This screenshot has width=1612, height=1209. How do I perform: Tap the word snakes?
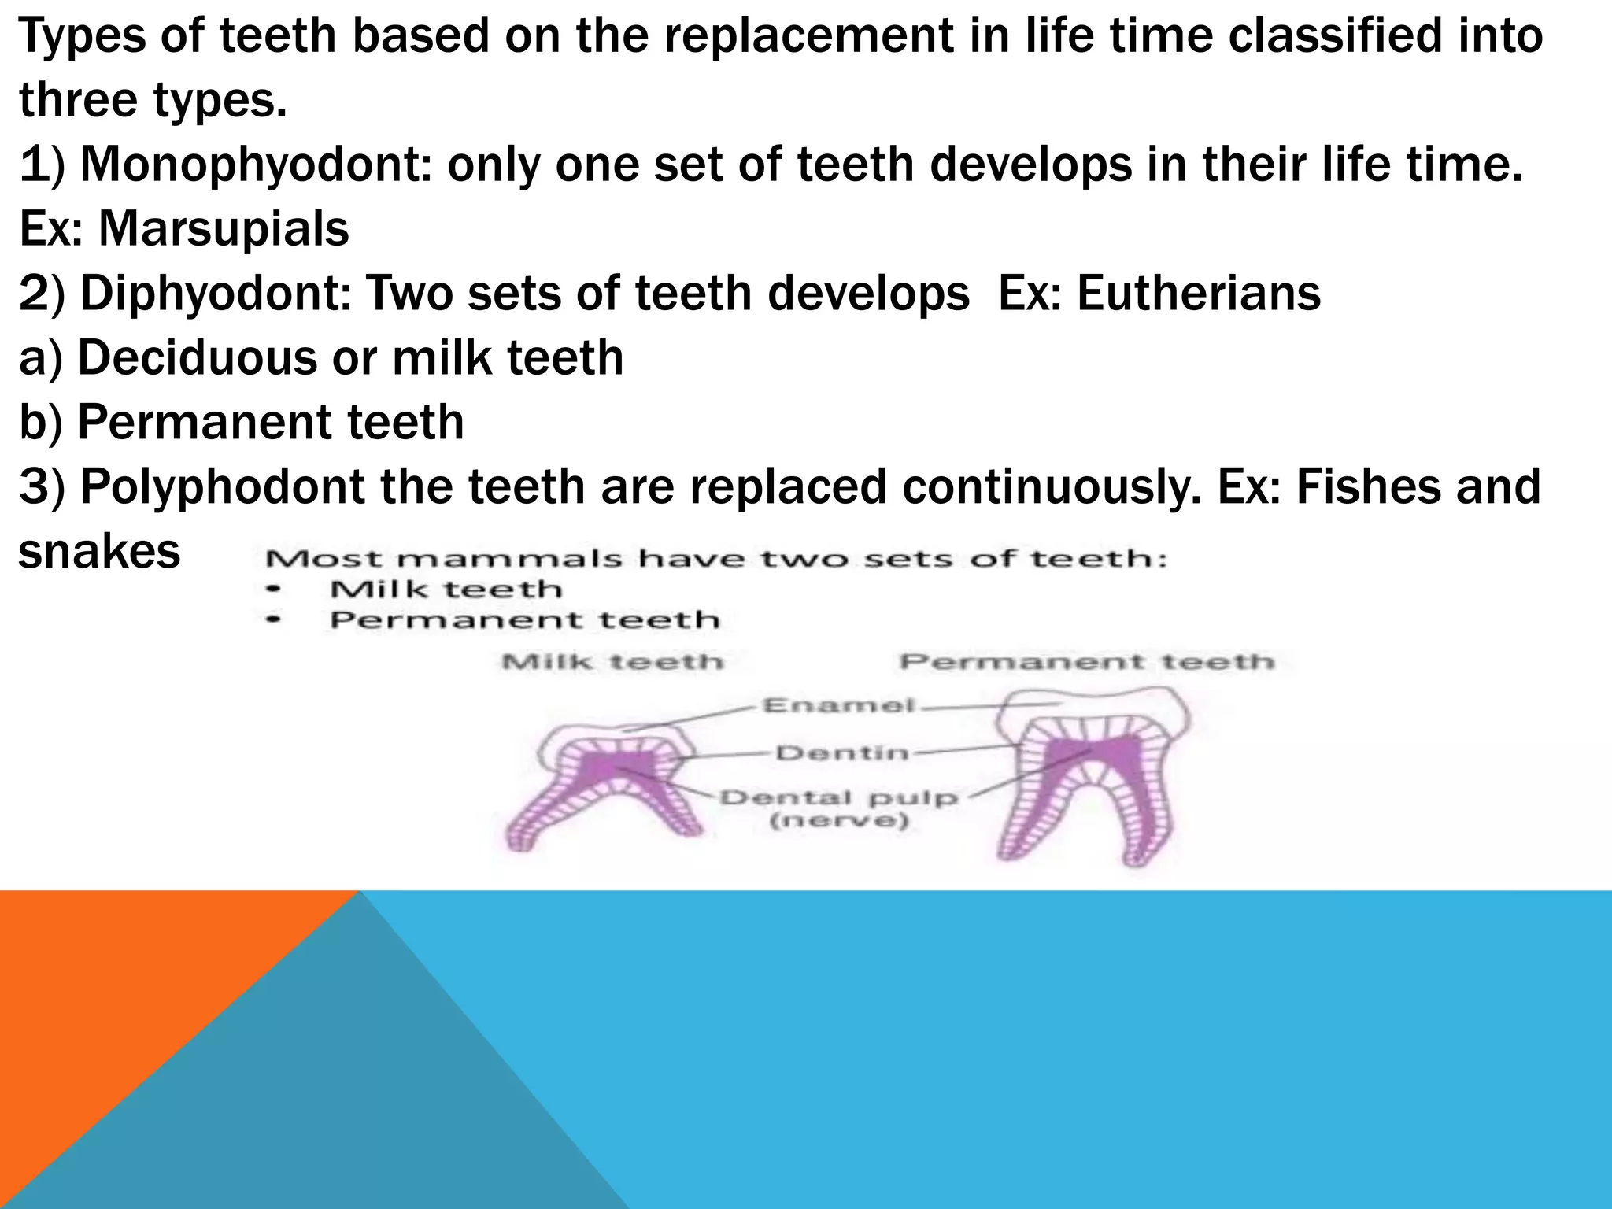(x=99, y=551)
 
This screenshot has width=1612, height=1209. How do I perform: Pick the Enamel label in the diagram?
(x=839, y=704)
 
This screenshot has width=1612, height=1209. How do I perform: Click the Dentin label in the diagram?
(x=842, y=753)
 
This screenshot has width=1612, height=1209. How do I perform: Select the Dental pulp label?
(x=839, y=797)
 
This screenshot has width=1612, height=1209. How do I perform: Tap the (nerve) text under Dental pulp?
(x=839, y=822)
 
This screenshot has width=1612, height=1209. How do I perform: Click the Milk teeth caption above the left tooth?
(x=612, y=662)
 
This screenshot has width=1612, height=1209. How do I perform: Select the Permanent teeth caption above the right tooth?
(x=1087, y=662)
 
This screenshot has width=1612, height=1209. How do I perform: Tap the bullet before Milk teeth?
(x=273, y=589)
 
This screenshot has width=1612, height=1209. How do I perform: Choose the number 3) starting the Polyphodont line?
(x=46, y=486)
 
